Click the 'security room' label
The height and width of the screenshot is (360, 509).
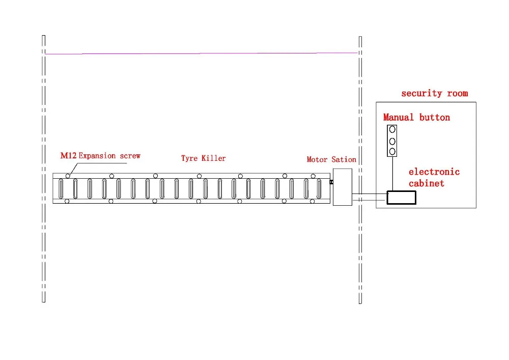tap(434, 93)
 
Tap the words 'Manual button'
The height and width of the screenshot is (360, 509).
tap(416, 118)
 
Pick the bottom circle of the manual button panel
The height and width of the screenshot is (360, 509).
tap(392, 151)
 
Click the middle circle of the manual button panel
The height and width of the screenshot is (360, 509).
tap(392, 141)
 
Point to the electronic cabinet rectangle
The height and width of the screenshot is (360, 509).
tap(401, 197)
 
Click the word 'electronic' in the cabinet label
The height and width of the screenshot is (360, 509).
tap(434, 172)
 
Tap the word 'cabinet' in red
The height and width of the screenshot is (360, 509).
tap(427, 183)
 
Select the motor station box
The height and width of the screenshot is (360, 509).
tap(343, 188)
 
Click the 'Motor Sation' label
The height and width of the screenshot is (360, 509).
tap(331, 159)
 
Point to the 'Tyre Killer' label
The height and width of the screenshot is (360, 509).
tap(203, 158)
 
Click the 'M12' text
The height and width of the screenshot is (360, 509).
tap(68, 155)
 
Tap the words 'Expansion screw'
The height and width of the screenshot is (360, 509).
tap(109, 155)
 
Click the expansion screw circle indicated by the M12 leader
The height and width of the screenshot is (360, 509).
tap(67, 176)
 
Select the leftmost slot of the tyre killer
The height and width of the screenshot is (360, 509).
tap(61, 188)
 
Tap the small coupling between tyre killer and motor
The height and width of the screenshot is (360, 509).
tap(331, 182)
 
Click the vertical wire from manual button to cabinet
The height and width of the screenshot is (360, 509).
tap(392, 173)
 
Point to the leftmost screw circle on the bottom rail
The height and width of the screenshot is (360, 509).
tap(67, 202)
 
